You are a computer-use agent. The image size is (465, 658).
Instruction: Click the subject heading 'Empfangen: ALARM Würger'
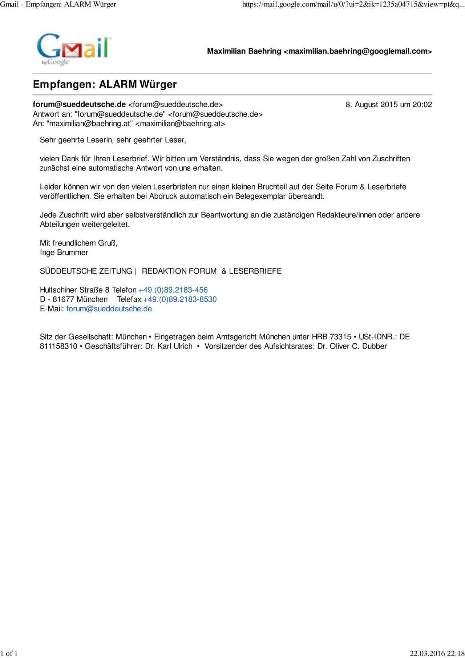(x=105, y=84)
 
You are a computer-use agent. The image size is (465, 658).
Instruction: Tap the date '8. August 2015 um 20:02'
(x=388, y=105)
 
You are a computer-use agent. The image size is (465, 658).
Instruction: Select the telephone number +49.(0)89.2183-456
(x=173, y=290)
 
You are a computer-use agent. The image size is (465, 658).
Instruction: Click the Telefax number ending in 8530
(x=180, y=299)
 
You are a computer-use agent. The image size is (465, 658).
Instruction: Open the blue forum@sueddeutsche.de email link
(x=109, y=309)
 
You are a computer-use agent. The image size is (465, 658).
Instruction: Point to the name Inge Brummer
(x=64, y=253)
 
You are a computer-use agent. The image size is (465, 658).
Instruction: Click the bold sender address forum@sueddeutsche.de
(x=79, y=105)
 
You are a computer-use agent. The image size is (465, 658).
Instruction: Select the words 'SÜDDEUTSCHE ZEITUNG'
(x=86, y=271)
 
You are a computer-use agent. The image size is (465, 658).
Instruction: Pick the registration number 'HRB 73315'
(x=331, y=337)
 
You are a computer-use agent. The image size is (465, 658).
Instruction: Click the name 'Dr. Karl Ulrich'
(x=169, y=346)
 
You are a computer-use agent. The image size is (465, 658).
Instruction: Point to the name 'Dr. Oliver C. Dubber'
(x=352, y=346)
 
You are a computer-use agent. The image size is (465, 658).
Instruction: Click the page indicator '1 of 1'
(x=9, y=653)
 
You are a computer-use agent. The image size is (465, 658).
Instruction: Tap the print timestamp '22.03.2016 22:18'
(x=437, y=653)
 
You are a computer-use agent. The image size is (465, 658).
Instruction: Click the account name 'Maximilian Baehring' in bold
(x=244, y=51)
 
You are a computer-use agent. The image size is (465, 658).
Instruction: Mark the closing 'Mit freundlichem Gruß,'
(x=78, y=243)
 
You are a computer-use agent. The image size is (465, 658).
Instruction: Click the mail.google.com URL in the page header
(x=353, y=4)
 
